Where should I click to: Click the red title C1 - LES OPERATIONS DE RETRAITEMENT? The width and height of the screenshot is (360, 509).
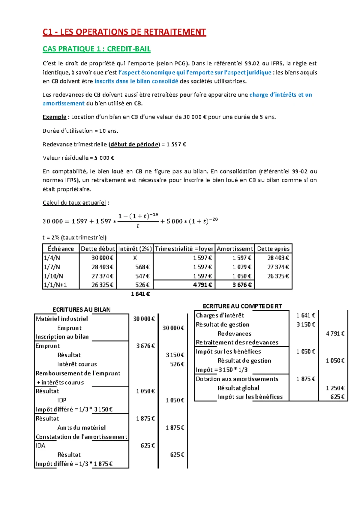pos(124,32)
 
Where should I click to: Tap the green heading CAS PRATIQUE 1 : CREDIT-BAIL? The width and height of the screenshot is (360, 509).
pos(96,49)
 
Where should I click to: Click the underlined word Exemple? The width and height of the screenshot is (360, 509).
pos(54,117)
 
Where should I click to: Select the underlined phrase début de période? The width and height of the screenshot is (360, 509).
pos(134,144)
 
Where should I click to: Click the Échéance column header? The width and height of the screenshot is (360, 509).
pos(61,248)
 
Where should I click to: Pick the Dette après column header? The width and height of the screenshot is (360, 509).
pos(273,248)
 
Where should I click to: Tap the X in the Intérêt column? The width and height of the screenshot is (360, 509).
pos(135,258)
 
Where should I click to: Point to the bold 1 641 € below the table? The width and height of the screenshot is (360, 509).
pos(140,294)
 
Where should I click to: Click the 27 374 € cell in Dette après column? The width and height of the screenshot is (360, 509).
pos(278,267)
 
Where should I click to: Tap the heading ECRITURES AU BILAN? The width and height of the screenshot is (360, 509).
pos(81,309)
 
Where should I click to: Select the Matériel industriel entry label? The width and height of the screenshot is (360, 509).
pos(62,319)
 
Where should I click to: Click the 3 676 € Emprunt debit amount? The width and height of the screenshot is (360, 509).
pos(145,346)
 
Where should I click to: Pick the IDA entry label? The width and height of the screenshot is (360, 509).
pos(40,445)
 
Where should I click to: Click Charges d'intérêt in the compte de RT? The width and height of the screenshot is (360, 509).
pos(220,315)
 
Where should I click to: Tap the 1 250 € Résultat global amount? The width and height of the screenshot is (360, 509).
pos(335,388)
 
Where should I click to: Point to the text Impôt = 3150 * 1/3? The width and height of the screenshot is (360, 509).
pos(221,370)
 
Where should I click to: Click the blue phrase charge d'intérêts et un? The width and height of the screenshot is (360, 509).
pos(280,95)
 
